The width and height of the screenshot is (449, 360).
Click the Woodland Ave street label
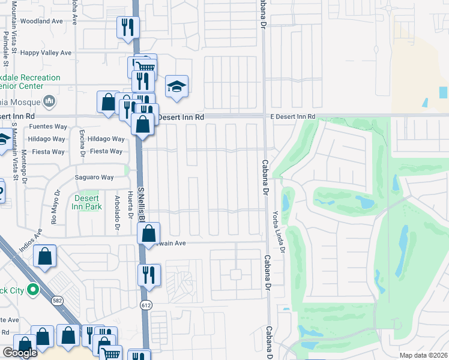point(41,21)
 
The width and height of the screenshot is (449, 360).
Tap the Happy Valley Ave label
point(46,53)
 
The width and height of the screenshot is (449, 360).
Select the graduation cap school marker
point(177,87)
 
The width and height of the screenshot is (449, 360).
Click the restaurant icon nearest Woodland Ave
point(128,27)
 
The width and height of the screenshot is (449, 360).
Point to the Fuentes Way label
point(48,127)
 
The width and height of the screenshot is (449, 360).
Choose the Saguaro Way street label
point(94,178)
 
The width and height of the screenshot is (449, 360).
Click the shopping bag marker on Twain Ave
point(149,234)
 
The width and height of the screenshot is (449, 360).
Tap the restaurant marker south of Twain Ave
point(149,275)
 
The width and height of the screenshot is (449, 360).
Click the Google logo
point(20,353)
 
